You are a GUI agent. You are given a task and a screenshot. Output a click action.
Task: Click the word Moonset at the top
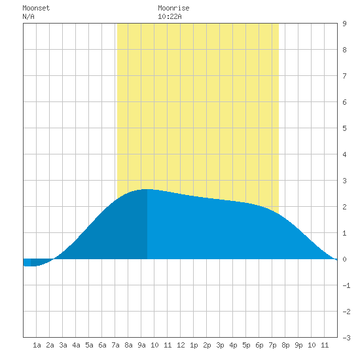point(36,8)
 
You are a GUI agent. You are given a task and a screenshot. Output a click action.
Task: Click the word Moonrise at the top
point(173,8)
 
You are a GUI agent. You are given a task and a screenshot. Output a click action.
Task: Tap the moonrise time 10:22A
point(170,16)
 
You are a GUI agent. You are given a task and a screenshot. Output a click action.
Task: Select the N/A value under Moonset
point(28,16)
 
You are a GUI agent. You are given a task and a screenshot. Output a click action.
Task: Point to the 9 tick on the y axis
point(344,24)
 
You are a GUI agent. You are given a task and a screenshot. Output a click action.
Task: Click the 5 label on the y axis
point(344,128)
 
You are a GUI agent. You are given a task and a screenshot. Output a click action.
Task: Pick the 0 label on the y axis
point(344,259)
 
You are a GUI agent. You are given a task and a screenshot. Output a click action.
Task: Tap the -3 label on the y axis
point(346,338)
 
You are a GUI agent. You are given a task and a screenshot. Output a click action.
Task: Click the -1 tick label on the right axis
point(346,285)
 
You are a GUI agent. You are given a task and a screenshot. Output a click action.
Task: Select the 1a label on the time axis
point(37,345)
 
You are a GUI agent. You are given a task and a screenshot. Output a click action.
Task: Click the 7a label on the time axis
point(115,345)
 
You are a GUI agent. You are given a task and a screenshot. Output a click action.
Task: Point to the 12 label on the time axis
point(181,345)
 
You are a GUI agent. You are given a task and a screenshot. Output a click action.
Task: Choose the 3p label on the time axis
point(220,345)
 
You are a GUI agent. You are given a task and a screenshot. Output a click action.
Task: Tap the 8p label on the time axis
point(285,345)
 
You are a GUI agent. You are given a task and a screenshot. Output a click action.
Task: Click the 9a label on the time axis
point(141,345)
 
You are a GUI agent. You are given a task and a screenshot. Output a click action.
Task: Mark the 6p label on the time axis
point(259,345)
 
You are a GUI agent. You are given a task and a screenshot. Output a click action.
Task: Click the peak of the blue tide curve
point(147,189)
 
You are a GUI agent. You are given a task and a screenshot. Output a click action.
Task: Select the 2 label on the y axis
point(344,207)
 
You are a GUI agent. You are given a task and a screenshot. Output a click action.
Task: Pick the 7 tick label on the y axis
point(344,76)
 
